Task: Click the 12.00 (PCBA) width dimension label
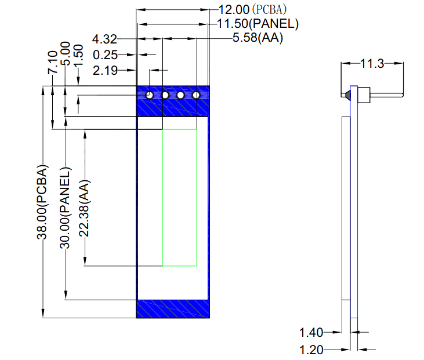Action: click(252, 10)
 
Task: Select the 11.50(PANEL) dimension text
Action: click(258, 24)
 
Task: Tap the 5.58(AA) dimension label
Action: click(258, 38)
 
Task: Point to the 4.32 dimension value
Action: click(104, 39)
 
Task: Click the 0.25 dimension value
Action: click(105, 55)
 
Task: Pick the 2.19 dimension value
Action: click(105, 71)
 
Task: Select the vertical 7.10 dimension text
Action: click(53, 63)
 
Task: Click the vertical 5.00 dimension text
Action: click(65, 53)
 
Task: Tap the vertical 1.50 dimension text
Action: click(78, 56)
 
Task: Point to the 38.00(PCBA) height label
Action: click(42, 202)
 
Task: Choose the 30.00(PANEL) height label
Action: click(65, 208)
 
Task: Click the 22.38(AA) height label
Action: click(84, 208)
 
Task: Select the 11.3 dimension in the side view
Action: click(372, 64)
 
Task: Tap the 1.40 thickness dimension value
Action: click(311, 332)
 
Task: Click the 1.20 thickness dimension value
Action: click(311, 350)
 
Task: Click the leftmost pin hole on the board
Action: click(150, 95)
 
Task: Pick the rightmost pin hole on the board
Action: click(196, 95)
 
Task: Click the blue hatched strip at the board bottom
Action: click(173, 309)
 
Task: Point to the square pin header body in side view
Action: click(364, 95)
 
